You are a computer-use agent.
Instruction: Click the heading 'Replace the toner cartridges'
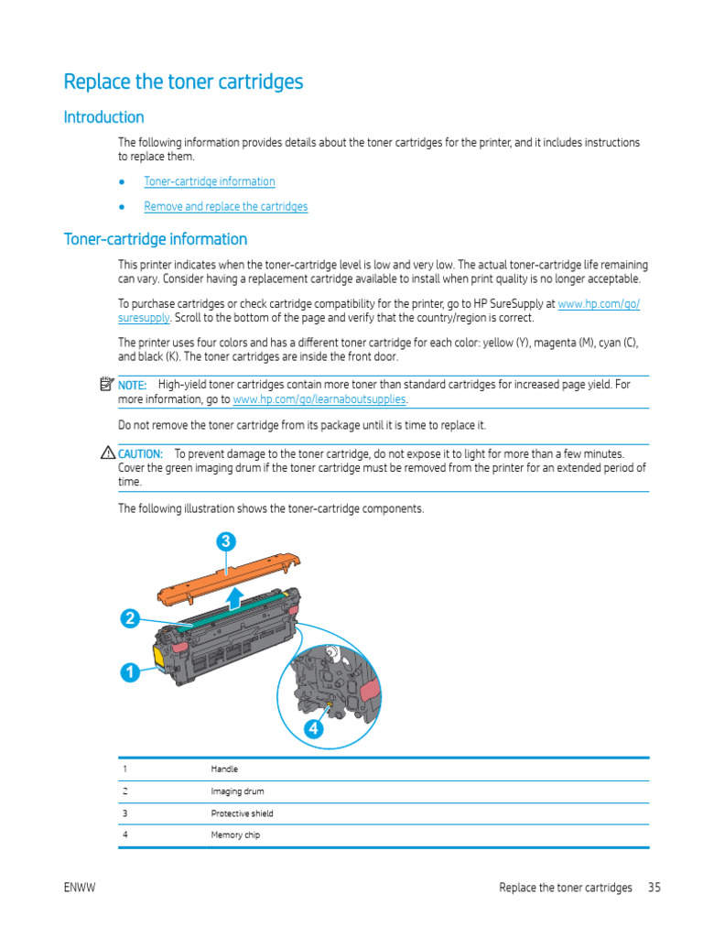pos(183,82)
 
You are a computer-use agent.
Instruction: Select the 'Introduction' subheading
pos(103,117)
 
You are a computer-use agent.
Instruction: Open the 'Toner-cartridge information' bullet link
pos(210,181)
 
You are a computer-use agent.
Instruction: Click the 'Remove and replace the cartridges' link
pos(226,206)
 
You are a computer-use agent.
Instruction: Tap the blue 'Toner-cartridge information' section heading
pos(155,239)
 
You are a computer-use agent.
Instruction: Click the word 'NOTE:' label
pos(132,385)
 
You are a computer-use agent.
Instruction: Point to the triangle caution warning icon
pos(108,453)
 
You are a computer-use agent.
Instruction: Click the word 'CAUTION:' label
pos(140,453)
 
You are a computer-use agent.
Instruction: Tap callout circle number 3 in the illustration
pos(226,541)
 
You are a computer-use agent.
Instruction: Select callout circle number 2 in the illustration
pos(130,618)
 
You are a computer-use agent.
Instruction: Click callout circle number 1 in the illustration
pos(130,672)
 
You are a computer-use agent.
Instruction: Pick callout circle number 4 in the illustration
pos(314,729)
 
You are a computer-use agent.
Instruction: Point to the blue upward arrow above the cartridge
pos(234,600)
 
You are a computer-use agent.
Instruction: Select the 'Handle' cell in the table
pos(224,769)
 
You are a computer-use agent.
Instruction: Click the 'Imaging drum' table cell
pos(237,791)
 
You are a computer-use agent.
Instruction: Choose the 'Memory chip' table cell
pos(235,835)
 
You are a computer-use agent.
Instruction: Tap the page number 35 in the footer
pos(654,888)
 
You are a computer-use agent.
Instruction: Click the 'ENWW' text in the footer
pos(81,888)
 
